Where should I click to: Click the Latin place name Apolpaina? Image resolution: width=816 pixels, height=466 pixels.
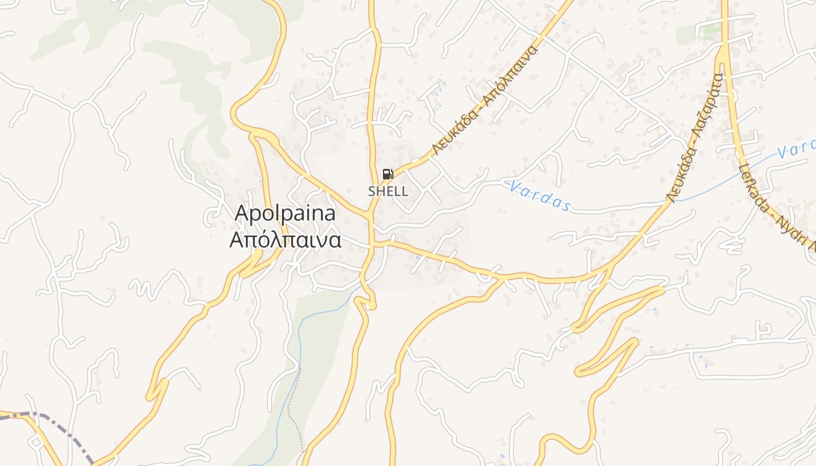tap(285, 214)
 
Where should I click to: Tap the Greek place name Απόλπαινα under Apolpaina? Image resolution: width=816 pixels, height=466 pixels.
tap(285, 240)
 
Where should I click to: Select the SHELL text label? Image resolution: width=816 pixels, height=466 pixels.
tap(388, 191)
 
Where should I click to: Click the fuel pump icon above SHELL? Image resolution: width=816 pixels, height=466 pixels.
tap(388, 174)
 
